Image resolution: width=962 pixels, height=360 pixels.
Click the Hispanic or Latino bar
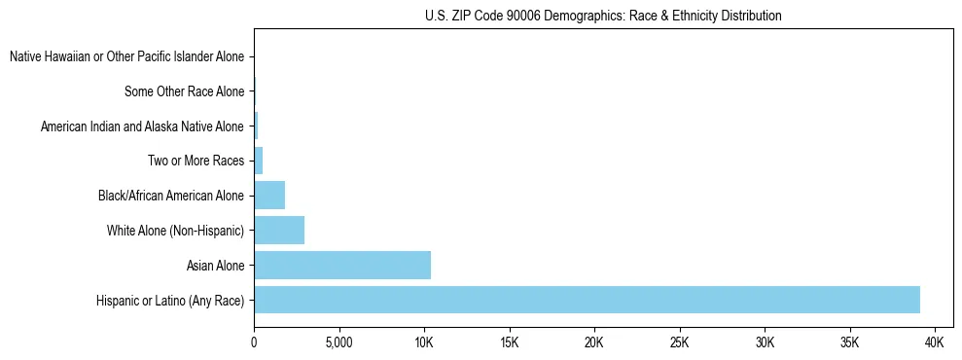(x=587, y=300)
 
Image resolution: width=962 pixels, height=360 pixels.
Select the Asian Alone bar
(x=342, y=265)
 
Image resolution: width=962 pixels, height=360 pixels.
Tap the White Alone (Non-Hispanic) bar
(x=279, y=231)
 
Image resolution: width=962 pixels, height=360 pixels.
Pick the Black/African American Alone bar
(x=269, y=196)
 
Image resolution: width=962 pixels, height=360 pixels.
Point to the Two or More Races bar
(x=259, y=161)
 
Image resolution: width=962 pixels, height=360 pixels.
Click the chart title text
(x=603, y=17)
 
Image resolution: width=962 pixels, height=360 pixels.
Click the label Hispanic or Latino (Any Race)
(x=170, y=301)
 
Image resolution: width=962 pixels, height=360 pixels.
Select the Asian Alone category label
(x=215, y=266)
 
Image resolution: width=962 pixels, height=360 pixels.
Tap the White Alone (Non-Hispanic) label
(x=175, y=231)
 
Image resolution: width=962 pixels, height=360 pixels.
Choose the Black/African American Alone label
(x=171, y=196)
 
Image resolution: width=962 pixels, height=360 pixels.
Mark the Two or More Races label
(x=196, y=161)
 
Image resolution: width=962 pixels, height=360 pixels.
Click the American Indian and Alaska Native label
(x=142, y=126)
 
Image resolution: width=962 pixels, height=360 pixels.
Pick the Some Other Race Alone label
(x=184, y=91)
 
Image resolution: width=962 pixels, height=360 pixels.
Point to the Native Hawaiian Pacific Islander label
(x=126, y=57)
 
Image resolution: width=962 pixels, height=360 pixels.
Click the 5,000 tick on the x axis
(x=338, y=343)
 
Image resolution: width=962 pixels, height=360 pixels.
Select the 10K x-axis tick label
(x=424, y=343)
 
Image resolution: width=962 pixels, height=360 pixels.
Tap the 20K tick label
(x=594, y=343)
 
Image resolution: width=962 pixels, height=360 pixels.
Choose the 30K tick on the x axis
(x=765, y=343)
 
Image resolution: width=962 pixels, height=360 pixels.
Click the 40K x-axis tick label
(x=935, y=343)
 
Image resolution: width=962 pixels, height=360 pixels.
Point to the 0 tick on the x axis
(x=254, y=343)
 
